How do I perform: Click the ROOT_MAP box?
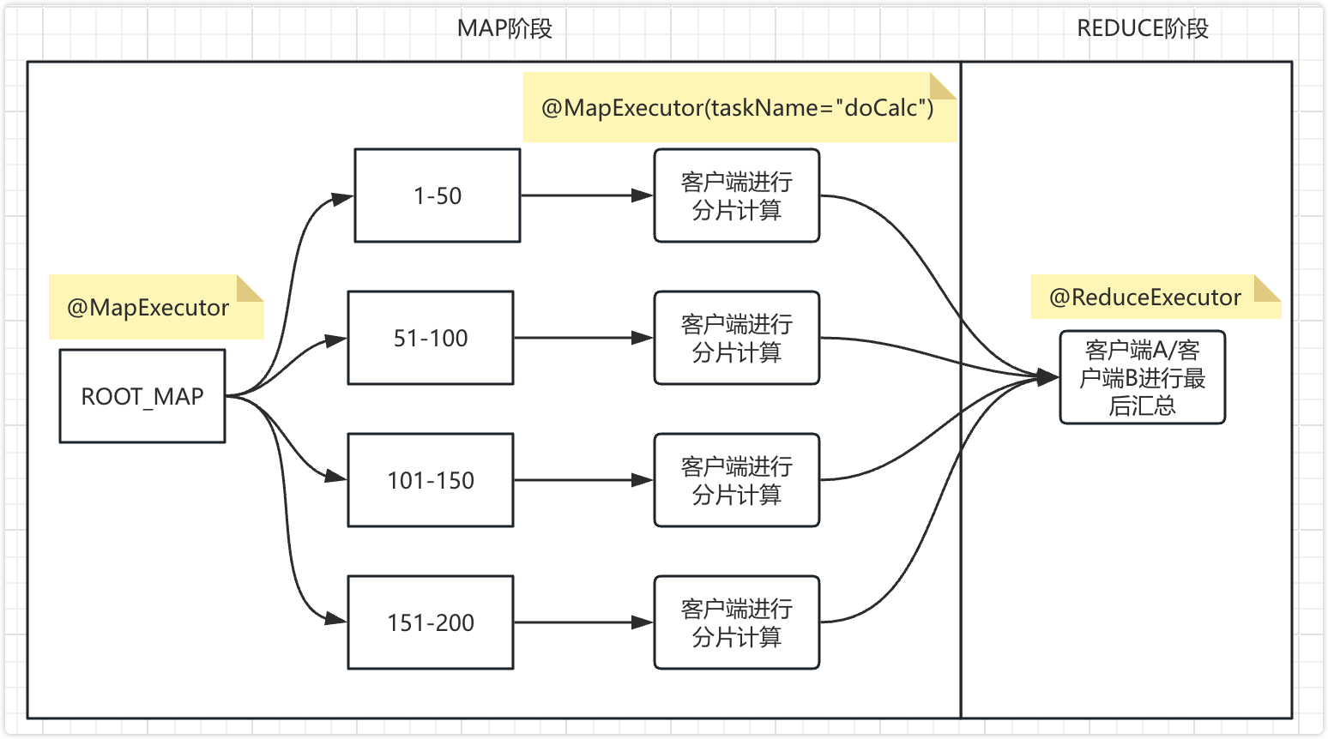(142, 396)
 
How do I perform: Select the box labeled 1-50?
(438, 195)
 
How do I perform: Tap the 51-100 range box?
(431, 338)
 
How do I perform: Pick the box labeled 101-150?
(431, 480)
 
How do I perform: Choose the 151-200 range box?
(431, 622)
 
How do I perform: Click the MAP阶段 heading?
(504, 28)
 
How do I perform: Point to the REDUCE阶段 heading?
(1142, 28)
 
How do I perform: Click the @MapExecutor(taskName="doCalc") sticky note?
(738, 108)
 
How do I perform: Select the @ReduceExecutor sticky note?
(1145, 297)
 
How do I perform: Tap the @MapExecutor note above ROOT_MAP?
(148, 308)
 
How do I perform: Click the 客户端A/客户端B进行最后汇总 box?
(1142, 377)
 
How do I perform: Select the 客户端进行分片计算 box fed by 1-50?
(736, 195)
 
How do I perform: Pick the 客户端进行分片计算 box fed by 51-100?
(736, 338)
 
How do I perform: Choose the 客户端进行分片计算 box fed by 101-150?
(736, 480)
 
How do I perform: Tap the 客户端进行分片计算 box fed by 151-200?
(736, 622)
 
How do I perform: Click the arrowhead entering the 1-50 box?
(343, 199)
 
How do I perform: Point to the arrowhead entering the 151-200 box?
(336, 619)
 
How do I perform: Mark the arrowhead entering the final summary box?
(1048, 377)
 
